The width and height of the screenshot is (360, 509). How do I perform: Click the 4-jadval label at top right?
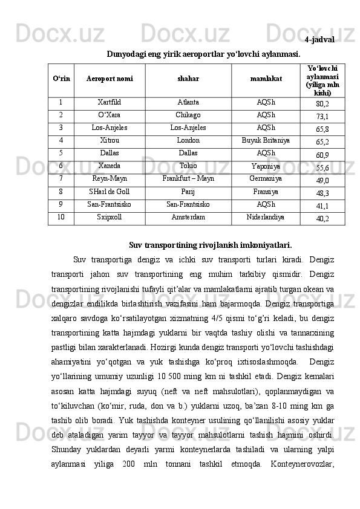click(320, 40)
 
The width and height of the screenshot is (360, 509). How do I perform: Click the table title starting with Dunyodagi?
click(203, 54)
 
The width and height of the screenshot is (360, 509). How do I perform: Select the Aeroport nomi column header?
click(110, 79)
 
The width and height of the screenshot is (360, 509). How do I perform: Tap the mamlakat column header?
click(266, 79)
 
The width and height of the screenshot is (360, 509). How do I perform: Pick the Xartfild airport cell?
click(110, 103)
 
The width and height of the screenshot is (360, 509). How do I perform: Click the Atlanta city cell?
click(188, 103)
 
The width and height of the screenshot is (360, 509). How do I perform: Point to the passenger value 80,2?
click(322, 104)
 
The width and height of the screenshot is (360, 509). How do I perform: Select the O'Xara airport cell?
click(110, 115)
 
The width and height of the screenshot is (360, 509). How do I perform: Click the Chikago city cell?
click(188, 115)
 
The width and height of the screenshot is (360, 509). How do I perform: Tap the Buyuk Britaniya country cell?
click(266, 141)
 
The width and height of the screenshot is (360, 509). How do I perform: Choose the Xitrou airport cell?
click(110, 141)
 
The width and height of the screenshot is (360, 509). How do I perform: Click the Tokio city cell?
click(188, 166)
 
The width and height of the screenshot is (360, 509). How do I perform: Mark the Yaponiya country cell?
click(266, 167)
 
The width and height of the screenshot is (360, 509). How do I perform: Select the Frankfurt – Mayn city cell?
click(188, 179)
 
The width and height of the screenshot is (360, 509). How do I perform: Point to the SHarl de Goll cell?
click(110, 192)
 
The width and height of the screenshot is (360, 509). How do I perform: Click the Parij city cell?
click(188, 192)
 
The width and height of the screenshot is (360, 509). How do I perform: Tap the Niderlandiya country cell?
click(266, 217)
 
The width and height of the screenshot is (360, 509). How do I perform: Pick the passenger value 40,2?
click(322, 218)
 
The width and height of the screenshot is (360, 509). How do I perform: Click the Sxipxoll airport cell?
click(110, 217)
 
